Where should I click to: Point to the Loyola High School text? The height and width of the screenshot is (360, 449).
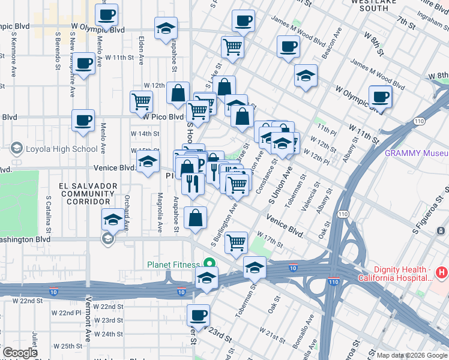coord(59,149)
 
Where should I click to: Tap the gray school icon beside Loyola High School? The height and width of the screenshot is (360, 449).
coord(16,148)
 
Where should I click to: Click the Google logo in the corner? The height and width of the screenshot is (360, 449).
coord(20,352)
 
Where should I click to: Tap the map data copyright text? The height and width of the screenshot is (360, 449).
coord(412,355)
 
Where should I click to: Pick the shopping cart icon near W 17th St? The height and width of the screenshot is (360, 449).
coord(237,242)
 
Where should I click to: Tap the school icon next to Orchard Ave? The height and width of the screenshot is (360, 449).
coord(112,220)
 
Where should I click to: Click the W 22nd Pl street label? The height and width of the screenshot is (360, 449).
coord(65,313)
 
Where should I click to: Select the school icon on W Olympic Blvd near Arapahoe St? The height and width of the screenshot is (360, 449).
coord(166,28)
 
